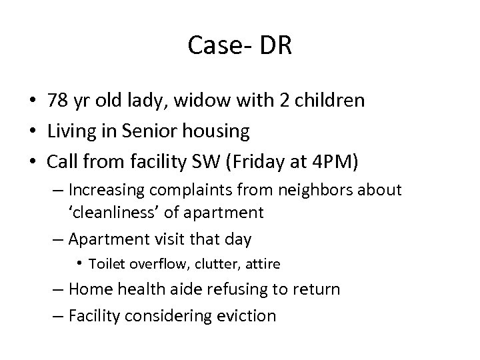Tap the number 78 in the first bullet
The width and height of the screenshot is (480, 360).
[57, 101]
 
